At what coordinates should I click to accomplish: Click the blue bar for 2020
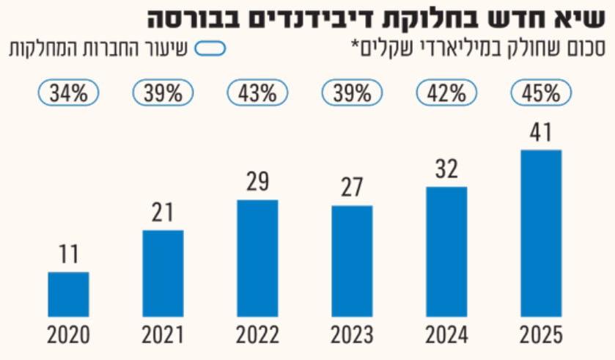point(69,294)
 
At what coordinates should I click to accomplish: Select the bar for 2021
point(163,273)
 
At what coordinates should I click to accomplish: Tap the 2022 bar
point(258,258)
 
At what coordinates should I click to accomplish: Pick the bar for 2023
point(352,261)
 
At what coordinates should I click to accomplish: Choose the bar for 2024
point(446,251)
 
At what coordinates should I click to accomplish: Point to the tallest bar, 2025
point(541,233)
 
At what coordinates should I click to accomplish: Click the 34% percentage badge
point(69,93)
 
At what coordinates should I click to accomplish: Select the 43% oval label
point(258,93)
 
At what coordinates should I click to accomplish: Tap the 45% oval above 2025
point(541,93)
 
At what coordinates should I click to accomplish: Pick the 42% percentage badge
point(446,93)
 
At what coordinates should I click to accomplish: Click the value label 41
point(541,133)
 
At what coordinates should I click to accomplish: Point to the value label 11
point(69,254)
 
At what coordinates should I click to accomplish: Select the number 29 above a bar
point(258,182)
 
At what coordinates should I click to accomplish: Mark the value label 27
point(352,188)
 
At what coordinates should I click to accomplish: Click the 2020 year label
point(69,336)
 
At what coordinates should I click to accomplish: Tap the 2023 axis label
point(352,336)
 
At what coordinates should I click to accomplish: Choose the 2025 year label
point(541,336)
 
